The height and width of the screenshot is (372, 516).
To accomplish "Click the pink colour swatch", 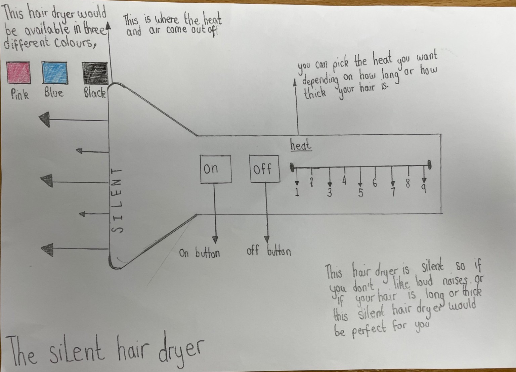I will coord(18,73).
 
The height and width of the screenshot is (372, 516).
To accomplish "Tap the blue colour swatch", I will coord(54,73).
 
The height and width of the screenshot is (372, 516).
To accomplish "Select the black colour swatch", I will coord(95,73).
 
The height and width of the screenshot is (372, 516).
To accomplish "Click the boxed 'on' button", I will coord(216,169).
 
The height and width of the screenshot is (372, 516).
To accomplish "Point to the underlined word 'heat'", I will coord(301,145).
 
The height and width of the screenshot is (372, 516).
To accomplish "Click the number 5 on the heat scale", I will coord(360,193).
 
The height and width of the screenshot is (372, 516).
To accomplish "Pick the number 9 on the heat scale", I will coord(424,189).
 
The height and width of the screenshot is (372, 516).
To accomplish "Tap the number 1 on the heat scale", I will coord(297,193).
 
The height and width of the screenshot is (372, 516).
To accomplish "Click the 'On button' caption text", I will coord(200,253).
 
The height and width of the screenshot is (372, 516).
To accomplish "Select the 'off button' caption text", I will coord(269,251).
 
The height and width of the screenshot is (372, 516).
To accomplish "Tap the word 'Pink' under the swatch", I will coord(20,94).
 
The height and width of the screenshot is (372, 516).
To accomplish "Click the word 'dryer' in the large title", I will coord(181,352).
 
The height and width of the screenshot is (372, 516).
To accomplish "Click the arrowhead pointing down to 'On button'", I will coord(215,240).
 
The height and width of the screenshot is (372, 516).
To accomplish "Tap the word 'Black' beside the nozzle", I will coord(95,92).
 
